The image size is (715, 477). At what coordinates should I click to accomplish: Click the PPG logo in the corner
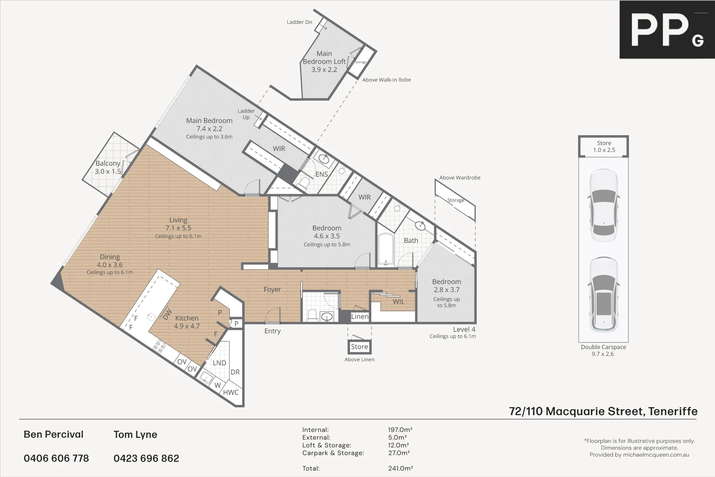(x=666, y=30)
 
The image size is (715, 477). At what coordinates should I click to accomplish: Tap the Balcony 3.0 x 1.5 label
(x=108, y=167)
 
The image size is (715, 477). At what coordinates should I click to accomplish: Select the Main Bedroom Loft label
(x=324, y=61)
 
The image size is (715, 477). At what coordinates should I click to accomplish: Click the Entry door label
(x=272, y=331)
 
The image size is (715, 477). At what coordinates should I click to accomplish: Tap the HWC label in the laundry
(x=230, y=392)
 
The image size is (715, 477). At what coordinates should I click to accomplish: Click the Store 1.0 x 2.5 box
(x=604, y=146)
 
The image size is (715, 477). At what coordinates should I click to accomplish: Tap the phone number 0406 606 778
(x=56, y=458)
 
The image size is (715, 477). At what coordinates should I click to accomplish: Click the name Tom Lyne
(x=135, y=435)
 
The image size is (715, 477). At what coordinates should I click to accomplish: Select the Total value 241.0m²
(x=400, y=468)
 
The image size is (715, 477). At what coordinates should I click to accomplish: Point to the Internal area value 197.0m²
(x=400, y=430)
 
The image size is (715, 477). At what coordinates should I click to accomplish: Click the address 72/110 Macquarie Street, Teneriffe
(x=603, y=411)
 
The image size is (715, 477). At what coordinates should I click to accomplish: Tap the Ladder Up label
(x=246, y=114)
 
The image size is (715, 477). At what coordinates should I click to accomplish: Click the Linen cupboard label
(x=359, y=316)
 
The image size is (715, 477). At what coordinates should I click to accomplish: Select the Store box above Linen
(x=359, y=347)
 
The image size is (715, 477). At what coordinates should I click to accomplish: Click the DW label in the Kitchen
(x=167, y=314)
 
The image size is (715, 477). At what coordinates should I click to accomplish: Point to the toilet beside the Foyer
(x=312, y=315)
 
